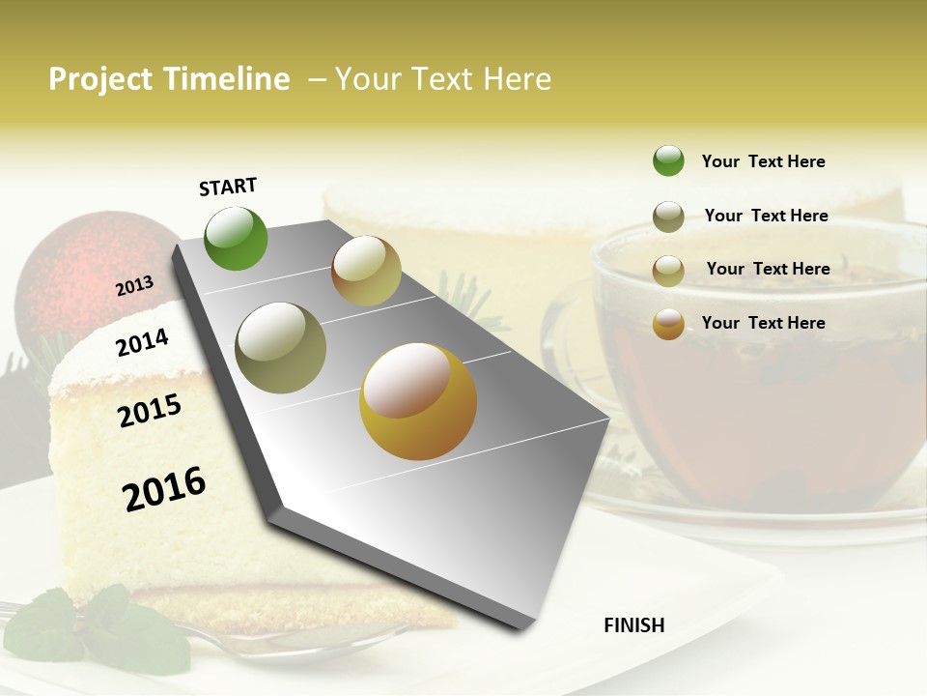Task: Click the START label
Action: (x=228, y=186)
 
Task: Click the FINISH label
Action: (x=633, y=625)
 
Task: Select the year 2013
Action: (x=134, y=286)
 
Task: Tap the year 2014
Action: (x=142, y=342)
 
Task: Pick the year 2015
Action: (x=150, y=411)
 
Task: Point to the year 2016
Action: (x=164, y=489)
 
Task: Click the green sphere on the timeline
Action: (x=236, y=238)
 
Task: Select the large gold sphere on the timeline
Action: (x=418, y=401)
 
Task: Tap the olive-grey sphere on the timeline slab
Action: (x=280, y=348)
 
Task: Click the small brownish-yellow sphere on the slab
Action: (x=366, y=271)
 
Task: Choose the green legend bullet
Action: (x=668, y=161)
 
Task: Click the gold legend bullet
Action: (x=668, y=324)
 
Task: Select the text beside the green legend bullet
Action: (x=763, y=161)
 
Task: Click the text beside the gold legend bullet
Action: (x=763, y=323)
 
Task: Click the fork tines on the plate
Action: (x=29, y=612)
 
